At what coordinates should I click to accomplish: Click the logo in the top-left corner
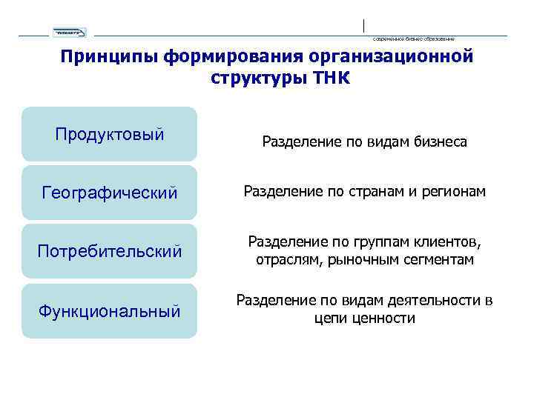pyautogui.click(x=69, y=32)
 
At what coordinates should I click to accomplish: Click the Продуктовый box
pyautogui.click(x=110, y=135)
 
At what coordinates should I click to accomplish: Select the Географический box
pyautogui.click(x=110, y=193)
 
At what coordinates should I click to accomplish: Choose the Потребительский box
pyautogui.click(x=110, y=252)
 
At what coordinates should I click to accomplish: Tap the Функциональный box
pyautogui.click(x=110, y=311)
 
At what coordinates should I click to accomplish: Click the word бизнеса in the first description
pyautogui.click(x=438, y=141)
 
